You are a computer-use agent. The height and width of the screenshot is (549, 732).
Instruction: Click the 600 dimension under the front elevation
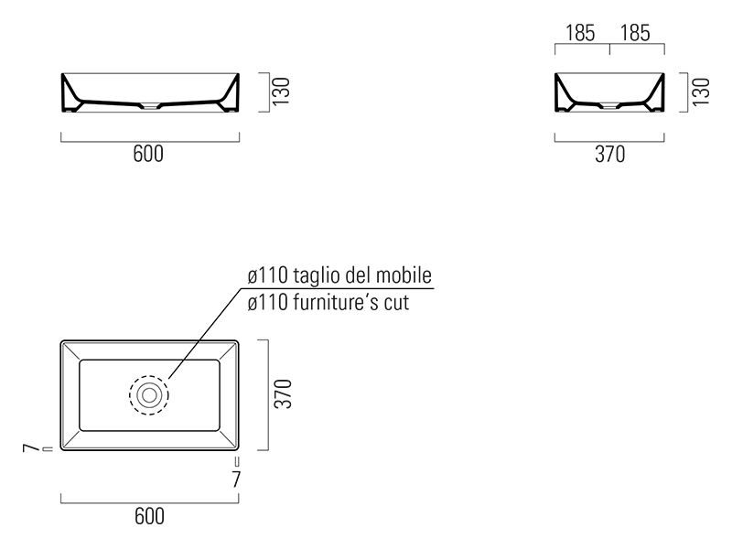[x=148, y=154]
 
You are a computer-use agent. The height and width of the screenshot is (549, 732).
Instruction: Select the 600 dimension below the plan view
[x=149, y=516]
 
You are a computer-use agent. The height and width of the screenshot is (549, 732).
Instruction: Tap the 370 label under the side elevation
[x=609, y=154]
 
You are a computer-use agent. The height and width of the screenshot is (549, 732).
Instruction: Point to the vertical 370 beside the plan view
[x=283, y=394]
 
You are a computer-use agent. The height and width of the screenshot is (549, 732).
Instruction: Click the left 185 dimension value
[x=580, y=33]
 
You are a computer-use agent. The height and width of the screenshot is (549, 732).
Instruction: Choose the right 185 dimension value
[x=635, y=33]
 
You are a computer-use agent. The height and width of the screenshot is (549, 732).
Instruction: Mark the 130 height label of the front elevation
[x=282, y=91]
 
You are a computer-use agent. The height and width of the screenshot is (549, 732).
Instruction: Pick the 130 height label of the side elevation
[x=701, y=91]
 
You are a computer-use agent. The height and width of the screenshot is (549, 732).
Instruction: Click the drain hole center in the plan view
[x=149, y=395]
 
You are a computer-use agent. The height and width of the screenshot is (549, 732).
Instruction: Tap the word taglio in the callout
[x=316, y=275]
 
